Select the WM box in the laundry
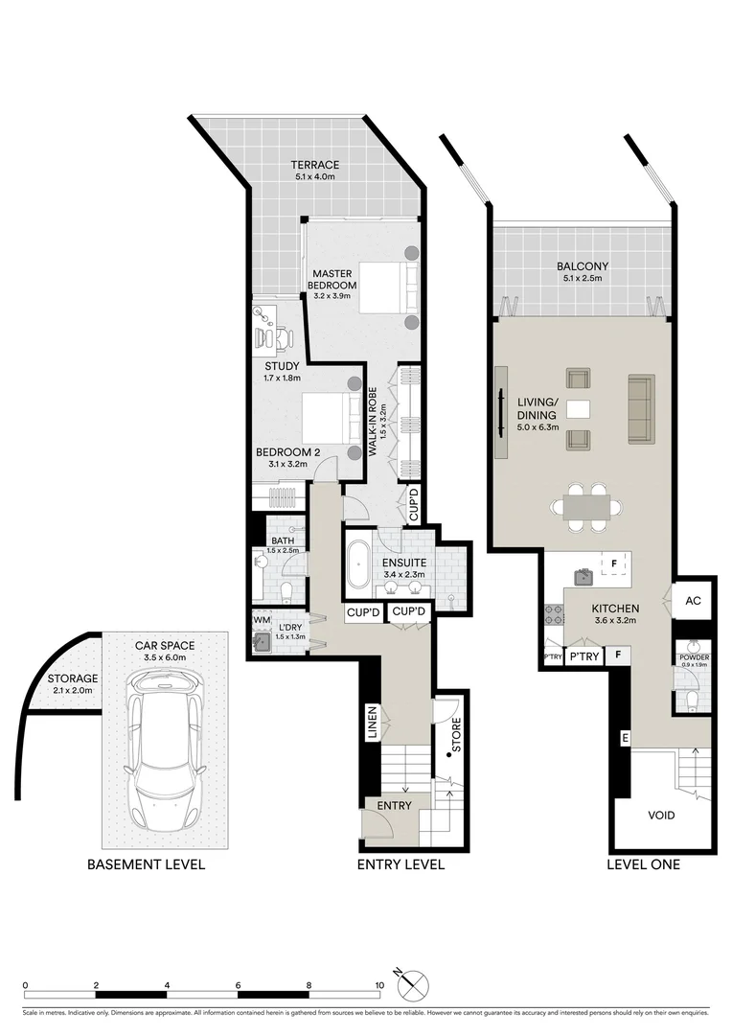[x=260, y=621]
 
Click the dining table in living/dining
[x=584, y=505]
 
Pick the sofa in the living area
[x=640, y=408]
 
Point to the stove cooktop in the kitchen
[x=552, y=615]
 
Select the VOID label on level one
[x=661, y=816]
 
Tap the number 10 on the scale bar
[x=379, y=985]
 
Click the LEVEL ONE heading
[x=644, y=864]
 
